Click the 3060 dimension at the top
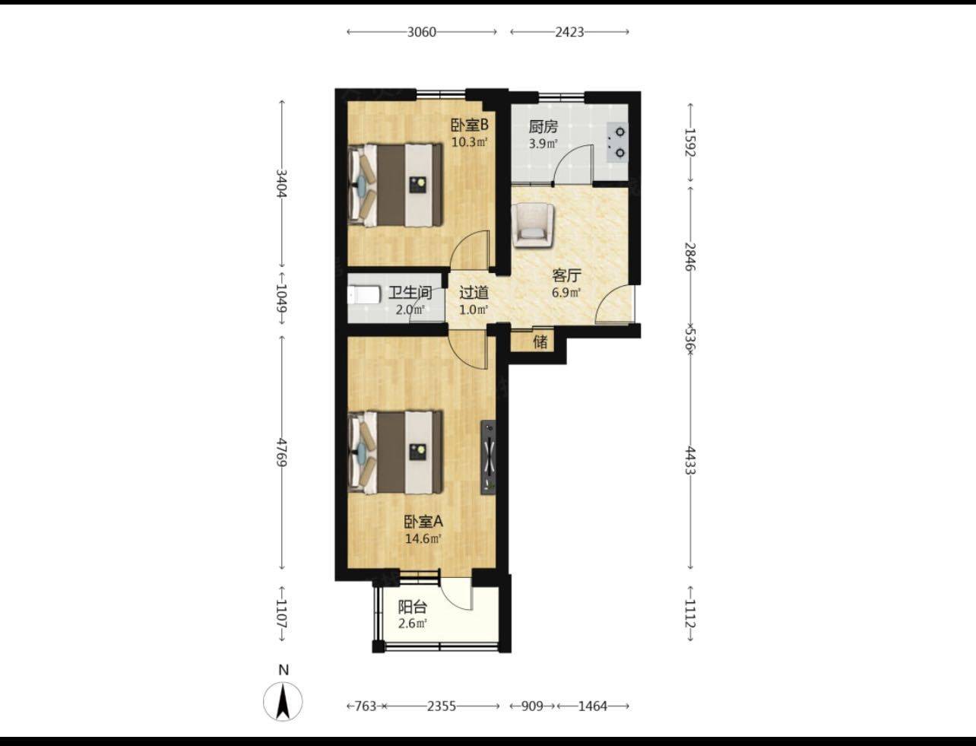[x=422, y=32]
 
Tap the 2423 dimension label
[x=569, y=32]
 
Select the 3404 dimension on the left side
[x=281, y=183]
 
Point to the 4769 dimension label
[x=281, y=452]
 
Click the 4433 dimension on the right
[x=689, y=460]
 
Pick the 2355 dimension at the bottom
[x=441, y=706]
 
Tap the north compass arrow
[x=283, y=703]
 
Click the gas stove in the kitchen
[x=616, y=142]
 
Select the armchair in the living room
[x=532, y=225]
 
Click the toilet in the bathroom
[x=364, y=294]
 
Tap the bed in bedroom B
[x=395, y=184]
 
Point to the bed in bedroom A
[x=395, y=452]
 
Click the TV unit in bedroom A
[x=488, y=457]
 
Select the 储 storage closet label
[x=540, y=342]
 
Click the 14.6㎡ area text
[x=423, y=539]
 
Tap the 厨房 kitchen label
[x=543, y=127]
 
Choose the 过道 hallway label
[x=474, y=293]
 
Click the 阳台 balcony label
[x=412, y=607]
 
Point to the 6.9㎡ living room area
[x=566, y=293]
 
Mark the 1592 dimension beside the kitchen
[x=689, y=142]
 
